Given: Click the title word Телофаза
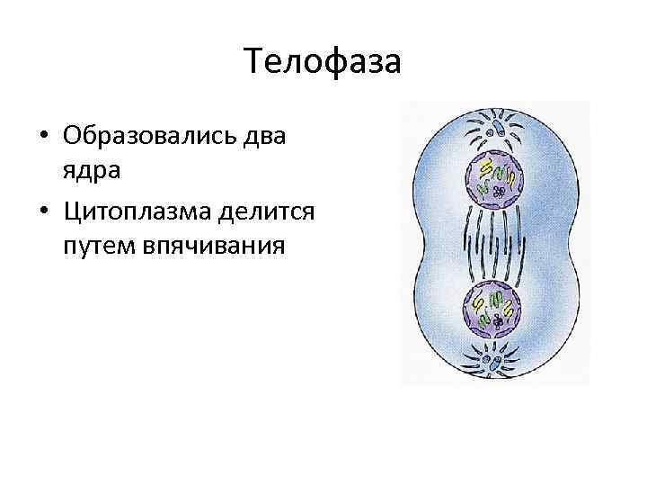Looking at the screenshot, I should tap(323, 64).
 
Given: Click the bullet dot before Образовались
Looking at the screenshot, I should tap(43, 138).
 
